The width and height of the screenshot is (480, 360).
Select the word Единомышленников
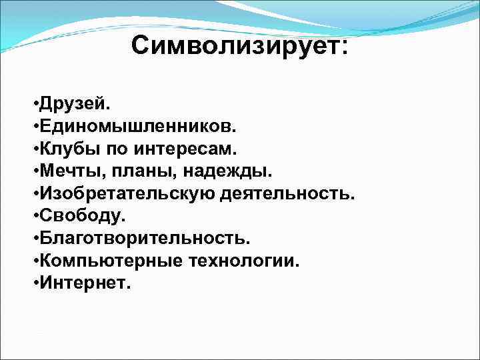pyautogui.click(x=133, y=127)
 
